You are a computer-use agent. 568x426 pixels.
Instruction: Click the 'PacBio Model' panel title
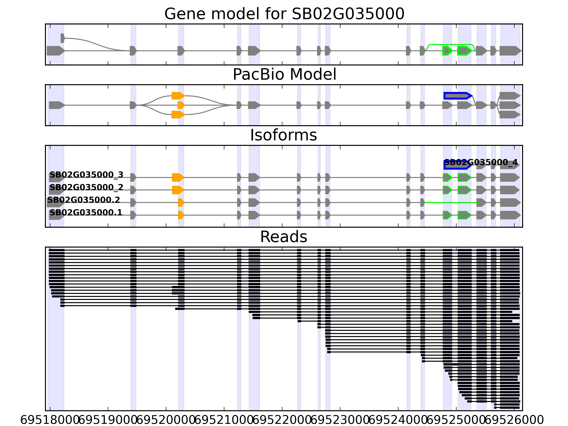284,75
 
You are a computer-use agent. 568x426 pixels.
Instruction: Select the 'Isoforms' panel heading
283,135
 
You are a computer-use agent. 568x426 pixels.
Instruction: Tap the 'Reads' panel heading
283,237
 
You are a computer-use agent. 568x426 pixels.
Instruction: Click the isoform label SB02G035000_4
481,162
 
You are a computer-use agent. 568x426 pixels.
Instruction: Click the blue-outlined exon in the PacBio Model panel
457,96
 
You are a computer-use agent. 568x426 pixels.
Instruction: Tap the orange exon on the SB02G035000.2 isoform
181,202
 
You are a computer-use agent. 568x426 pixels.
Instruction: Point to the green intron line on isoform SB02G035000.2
451,202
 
